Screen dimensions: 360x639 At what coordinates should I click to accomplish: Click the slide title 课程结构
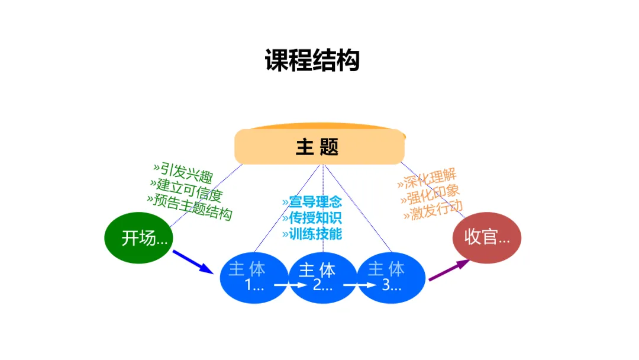(312, 60)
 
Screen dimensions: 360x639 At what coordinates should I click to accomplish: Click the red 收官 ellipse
(487, 237)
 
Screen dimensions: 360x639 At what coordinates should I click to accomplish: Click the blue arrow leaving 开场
(192, 261)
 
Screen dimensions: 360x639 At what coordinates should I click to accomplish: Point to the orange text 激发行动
(433, 210)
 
